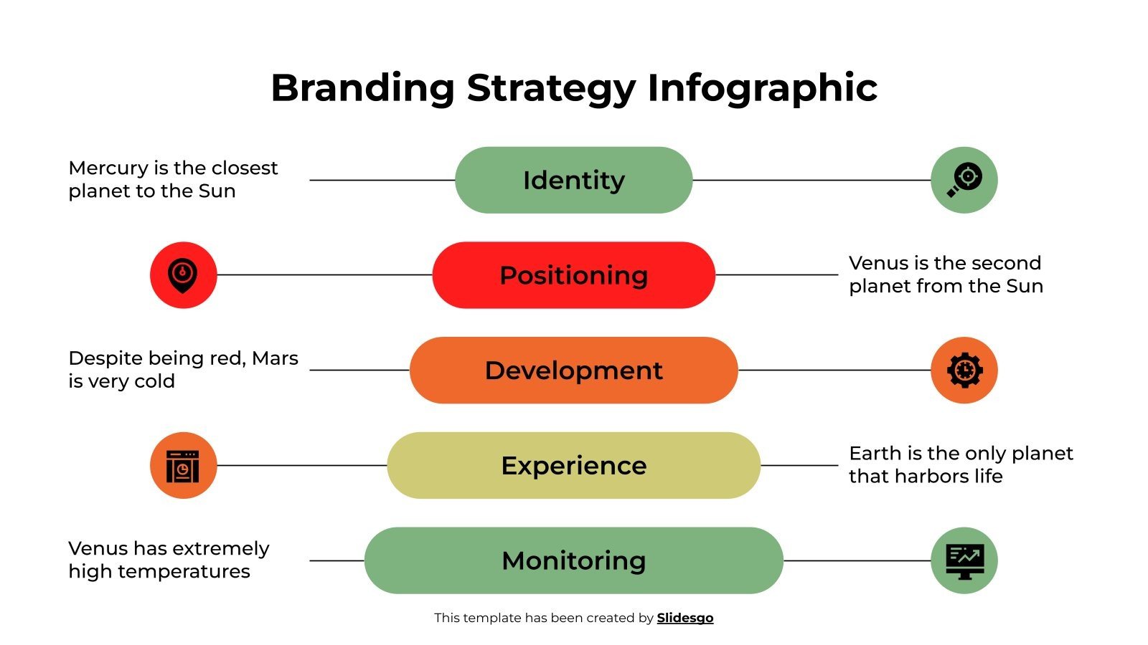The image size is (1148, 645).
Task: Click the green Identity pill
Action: pyautogui.click(x=573, y=180)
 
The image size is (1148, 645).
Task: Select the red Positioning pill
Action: pyautogui.click(x=573, y=275)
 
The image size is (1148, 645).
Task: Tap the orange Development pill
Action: pyautogui.click(x=573, y=370)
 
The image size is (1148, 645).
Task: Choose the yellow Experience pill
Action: pyautogui.click(x=573, y=465)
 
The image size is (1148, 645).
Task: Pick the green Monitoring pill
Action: pyautogui.click(x=573, y=560)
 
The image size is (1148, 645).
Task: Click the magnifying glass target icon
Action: pyautogui.click(x=964, y=180)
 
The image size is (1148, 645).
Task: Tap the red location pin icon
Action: pyautogui.click(x=183, y=275)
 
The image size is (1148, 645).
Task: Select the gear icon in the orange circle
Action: pyautogui.click(x=964, y=370)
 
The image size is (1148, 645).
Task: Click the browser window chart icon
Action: pyautogui.click(x=183, y=465)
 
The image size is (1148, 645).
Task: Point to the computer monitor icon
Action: pyautogui.click(x=964, y=560)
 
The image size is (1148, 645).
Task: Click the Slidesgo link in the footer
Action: pyautogui.click(x=684, y=618)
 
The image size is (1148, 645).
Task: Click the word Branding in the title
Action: pyautogui.click(x=362, y=88)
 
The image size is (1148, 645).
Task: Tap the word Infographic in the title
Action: pyautogui.click(x=762, y=88)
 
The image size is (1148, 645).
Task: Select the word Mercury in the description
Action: pyautogui.click(x=108, y=168)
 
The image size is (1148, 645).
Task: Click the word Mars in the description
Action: pyautogui.click(x=275, y=358)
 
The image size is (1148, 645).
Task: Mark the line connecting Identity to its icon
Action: pyautogui.click(x=811, y=180)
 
